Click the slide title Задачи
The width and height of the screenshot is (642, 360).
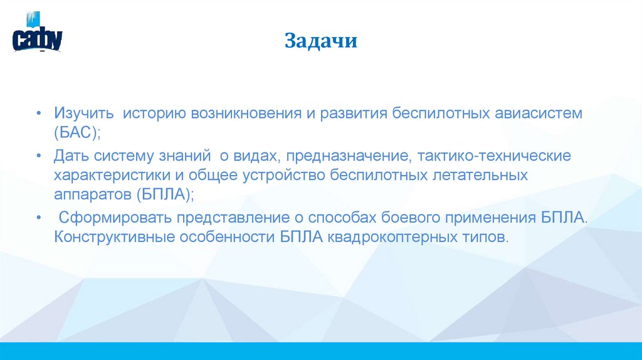(321, 42)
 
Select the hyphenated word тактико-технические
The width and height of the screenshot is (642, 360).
(495, 155)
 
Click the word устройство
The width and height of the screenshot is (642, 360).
(282, 175)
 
